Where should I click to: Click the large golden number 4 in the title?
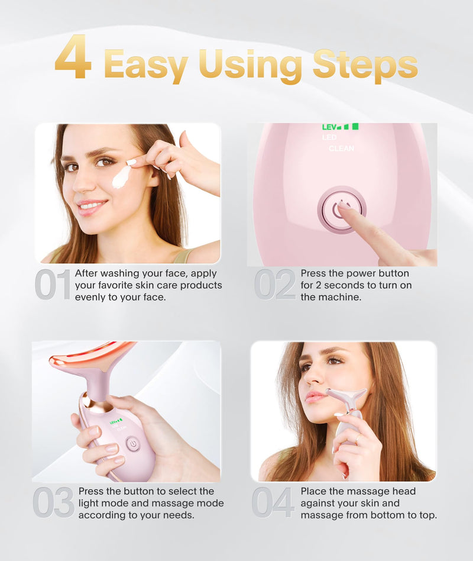coord(73,58)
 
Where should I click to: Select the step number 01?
coord(53,285)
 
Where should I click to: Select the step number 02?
coord(275,285)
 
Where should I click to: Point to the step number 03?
coord(53,502)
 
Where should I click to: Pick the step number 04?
coord(273,502)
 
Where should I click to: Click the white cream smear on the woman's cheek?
coord(121,176)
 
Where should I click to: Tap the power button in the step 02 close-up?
coord(341,209)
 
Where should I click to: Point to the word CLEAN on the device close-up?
coord(341,149)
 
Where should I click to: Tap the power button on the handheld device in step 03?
coord(133,444)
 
